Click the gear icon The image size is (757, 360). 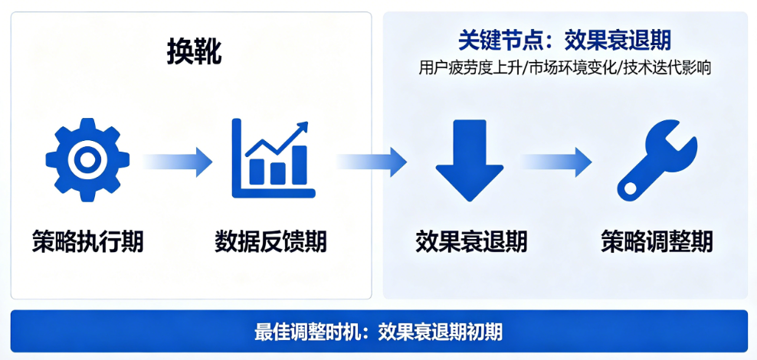(87, 160)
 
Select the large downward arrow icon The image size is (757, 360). (469, 160)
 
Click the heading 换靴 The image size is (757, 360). (195, 52)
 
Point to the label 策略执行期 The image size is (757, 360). (88, 241)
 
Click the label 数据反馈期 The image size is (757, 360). (270, 241)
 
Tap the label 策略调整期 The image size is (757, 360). (657, 241)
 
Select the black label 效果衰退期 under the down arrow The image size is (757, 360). (471, 241)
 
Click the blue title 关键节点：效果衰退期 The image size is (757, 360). (565, 41)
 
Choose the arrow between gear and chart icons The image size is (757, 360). (178, 161)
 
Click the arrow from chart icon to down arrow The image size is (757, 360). (372, 161)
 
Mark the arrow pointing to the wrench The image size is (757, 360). (557, 161)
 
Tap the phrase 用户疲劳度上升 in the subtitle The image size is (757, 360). (470, 68)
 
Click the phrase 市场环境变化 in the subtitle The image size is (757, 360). (572, 68)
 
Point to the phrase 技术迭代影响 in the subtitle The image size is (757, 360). (667, 68)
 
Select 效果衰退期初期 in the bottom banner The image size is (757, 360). (441, 332)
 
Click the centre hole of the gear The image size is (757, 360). (87, 160)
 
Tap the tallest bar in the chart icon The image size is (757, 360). (299, 165)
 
